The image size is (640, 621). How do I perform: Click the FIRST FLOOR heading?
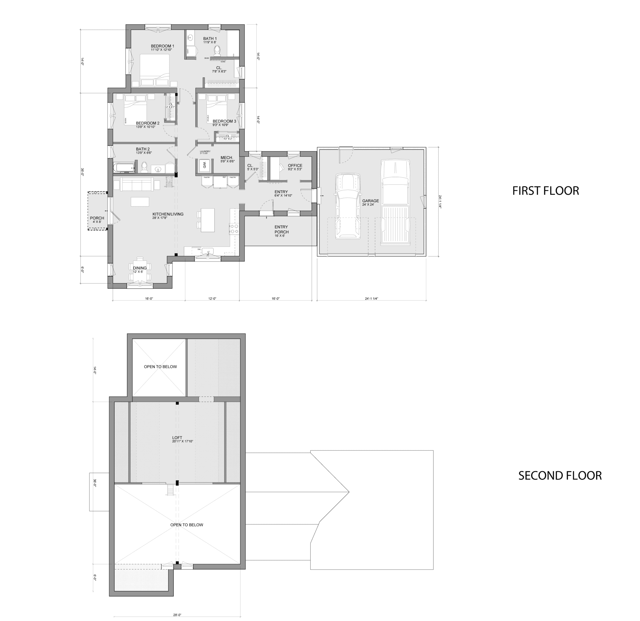click(545, 191)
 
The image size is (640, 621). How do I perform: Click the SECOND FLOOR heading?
click(560, 476)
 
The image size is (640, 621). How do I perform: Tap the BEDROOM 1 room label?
click(162, 46)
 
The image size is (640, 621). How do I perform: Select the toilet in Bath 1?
click(217, 51)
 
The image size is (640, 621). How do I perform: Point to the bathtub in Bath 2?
click(124, 168)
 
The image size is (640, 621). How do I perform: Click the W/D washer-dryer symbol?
click(205, 165)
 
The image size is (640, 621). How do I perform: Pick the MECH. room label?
click(227, 158)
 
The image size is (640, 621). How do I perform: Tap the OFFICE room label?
click(295, 165)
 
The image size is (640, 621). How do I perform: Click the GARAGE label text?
click(370, 201)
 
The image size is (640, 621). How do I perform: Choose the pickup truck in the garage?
click(395, 202)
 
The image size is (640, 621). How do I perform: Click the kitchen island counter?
click(208, 220)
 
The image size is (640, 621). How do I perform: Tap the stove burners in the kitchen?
click(234, 229)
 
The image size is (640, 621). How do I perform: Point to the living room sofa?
click(137, 184)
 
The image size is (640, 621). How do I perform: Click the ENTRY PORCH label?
click(281, 230)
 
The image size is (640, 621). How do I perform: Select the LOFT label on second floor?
click(177, 438)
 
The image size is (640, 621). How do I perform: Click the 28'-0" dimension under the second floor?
click(177, 615)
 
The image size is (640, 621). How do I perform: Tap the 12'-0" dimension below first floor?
click(212, 299)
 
